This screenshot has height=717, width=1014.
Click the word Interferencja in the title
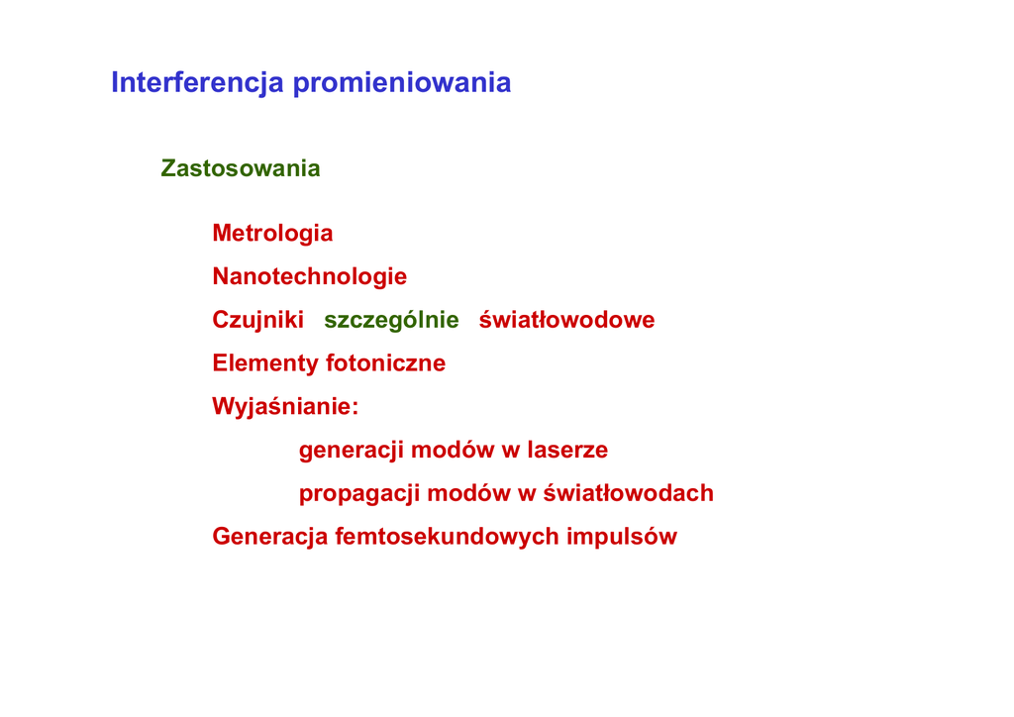(197, 83)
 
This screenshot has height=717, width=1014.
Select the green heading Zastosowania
(241, 168)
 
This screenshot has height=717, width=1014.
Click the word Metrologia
(272, 234)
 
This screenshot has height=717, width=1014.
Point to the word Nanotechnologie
(310, 276)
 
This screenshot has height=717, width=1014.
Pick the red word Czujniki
(258, 320)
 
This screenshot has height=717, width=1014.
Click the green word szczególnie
(391, 321)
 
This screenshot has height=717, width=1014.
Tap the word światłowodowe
(566, 320)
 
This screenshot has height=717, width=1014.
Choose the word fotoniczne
(386, 362)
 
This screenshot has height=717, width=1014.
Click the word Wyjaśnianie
(282, 407)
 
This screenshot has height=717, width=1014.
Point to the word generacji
(352, 451)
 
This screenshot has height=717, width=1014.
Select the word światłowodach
(628, 492)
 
